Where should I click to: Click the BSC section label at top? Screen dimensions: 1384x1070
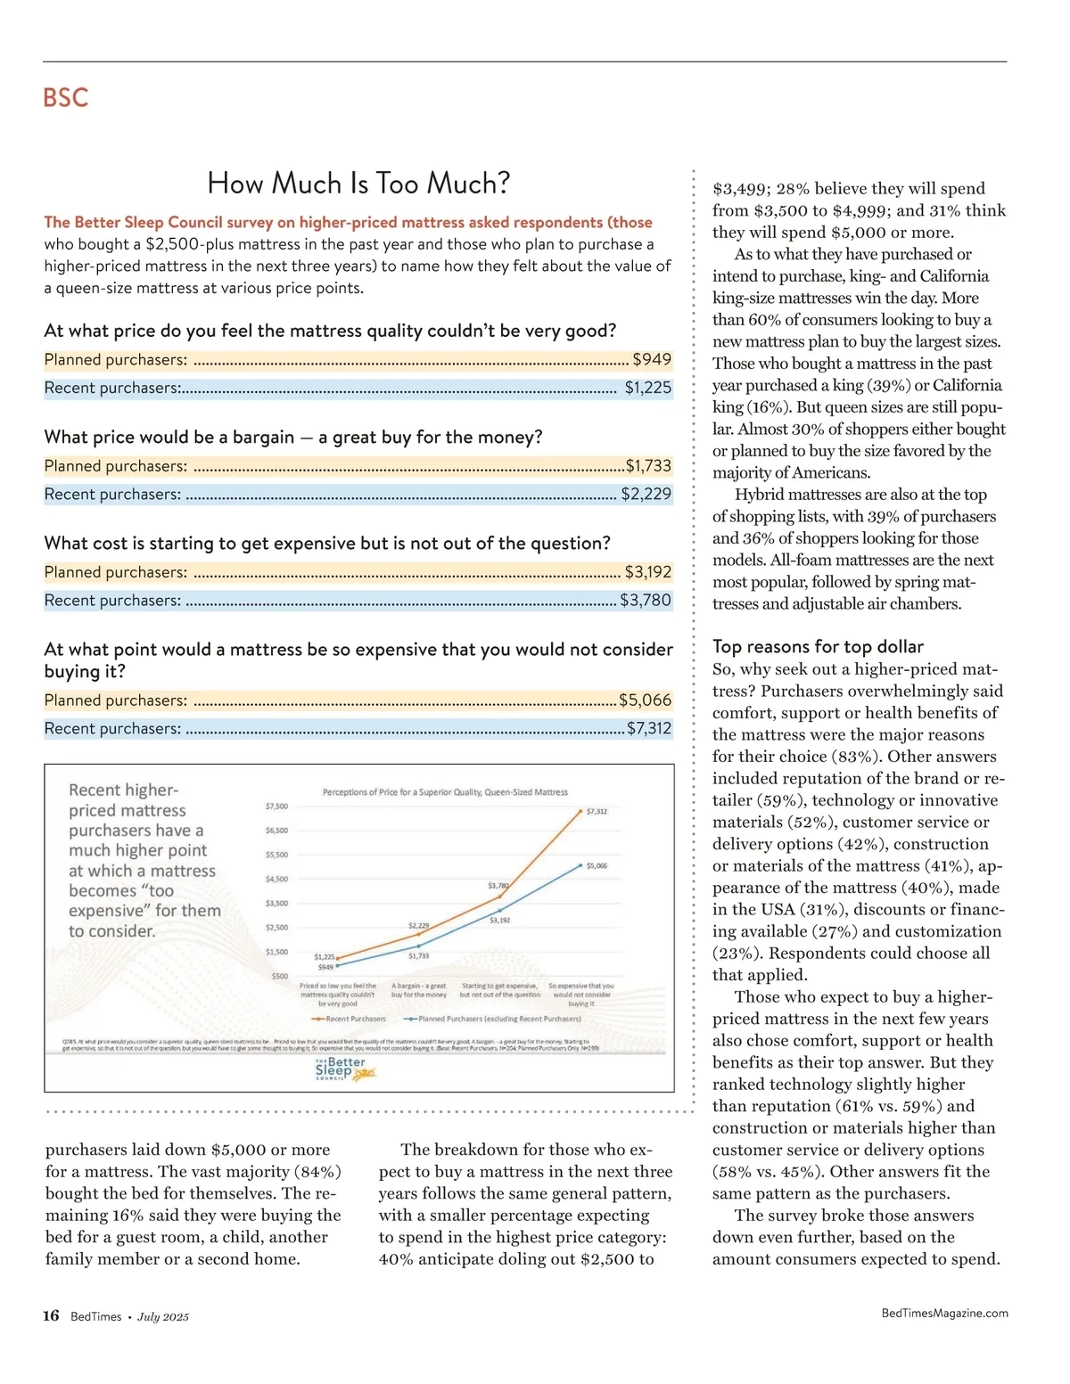65,97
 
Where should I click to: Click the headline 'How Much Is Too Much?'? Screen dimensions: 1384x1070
358,184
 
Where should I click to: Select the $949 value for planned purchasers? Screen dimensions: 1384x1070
652,359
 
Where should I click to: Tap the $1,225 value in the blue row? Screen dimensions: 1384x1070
648,388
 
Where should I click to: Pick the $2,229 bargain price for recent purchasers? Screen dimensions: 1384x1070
646,494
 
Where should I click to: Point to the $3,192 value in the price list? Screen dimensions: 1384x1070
648,572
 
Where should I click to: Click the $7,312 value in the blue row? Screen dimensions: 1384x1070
649,728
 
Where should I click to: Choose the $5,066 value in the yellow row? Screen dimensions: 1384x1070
646,700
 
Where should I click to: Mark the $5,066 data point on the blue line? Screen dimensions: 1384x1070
581,865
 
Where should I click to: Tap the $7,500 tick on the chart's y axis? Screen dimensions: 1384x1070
276,807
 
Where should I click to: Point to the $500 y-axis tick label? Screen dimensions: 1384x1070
279,977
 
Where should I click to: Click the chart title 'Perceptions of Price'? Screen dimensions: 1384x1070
445,792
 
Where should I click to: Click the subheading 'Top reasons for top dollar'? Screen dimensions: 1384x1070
818,647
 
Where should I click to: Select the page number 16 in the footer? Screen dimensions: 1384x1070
51,1316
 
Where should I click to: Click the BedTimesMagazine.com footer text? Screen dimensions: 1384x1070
944,1313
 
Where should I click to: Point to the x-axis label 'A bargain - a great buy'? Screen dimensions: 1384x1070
418,990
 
